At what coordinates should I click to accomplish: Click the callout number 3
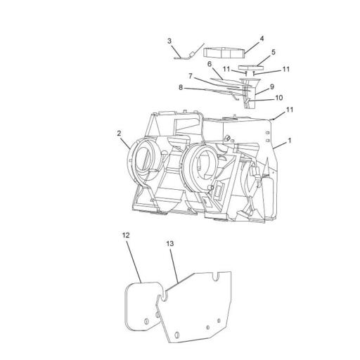pos(169,41)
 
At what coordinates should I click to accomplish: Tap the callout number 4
pos(262,39)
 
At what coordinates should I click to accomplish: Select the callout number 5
pos(273,52)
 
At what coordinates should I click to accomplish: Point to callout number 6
pos(210,64)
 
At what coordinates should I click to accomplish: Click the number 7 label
pos(191,75)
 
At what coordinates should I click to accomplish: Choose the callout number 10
pos(278,98)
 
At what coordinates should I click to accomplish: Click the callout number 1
pos(289,141)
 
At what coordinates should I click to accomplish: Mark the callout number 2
pos(120,133)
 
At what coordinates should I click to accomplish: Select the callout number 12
pos(126,237)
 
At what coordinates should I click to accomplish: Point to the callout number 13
pos(169,243)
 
